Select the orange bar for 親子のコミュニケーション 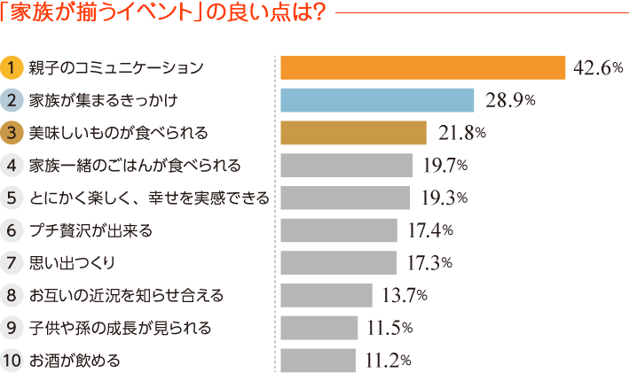422,68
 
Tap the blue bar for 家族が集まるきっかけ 376,100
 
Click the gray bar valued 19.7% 346,165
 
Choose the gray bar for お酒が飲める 318,361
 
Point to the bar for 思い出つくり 338,263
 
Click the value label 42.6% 598,68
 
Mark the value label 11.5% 389,328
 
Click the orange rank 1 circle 12,68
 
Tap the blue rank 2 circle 12,100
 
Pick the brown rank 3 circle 12,133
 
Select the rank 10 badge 12,361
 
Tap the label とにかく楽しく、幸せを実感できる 148,198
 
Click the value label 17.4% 429,230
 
